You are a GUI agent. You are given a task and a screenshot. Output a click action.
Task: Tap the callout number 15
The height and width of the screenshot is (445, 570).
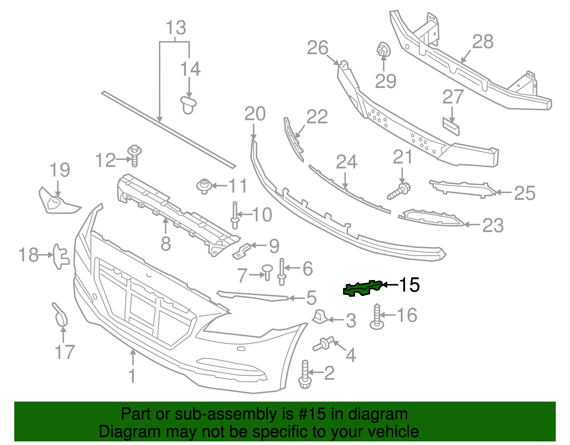[x=409, y=285]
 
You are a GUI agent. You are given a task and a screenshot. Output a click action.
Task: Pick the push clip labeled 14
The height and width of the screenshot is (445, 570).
[x=188, y=104]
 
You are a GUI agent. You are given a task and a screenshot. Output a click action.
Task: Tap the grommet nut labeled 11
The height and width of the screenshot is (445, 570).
[x=204, y=186]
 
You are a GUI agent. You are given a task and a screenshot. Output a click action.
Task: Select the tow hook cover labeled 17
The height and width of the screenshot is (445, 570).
[x=60, y=315]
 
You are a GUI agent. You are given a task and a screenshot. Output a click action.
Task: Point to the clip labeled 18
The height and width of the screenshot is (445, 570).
[x=60, y=256]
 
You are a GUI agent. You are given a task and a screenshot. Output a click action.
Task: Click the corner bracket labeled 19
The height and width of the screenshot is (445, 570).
[x=56, y=202]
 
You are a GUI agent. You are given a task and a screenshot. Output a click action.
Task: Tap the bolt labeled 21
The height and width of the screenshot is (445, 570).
[x=399, y=191]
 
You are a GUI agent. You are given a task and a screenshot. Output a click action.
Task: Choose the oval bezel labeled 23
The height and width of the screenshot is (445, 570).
[x=431, y=218]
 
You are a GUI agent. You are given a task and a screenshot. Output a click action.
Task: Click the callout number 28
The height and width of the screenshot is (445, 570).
[x=483, y=42]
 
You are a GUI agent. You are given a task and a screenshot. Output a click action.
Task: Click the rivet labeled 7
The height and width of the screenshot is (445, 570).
[x=267, y=271]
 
